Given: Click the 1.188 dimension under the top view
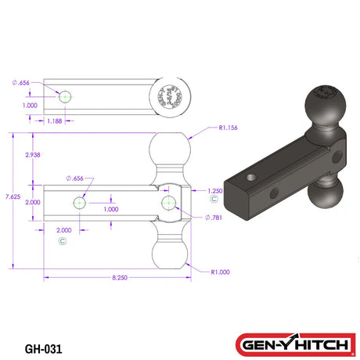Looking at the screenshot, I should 54,121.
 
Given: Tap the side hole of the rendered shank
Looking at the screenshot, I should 275,193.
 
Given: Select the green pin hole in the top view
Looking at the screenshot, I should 66,97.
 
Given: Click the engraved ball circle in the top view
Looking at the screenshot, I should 171,96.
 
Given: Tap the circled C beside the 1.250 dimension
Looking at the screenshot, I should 214,201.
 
